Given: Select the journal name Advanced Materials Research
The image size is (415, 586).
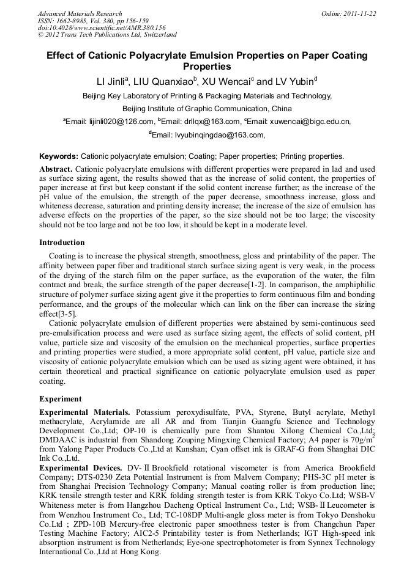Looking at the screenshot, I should [x=80, y=13].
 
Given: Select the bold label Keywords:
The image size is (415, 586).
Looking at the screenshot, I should [x=59, y=156].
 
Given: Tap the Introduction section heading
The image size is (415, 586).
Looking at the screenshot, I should [x=62, y=243].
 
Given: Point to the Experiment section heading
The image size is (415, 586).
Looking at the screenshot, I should [x=60, y=398].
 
